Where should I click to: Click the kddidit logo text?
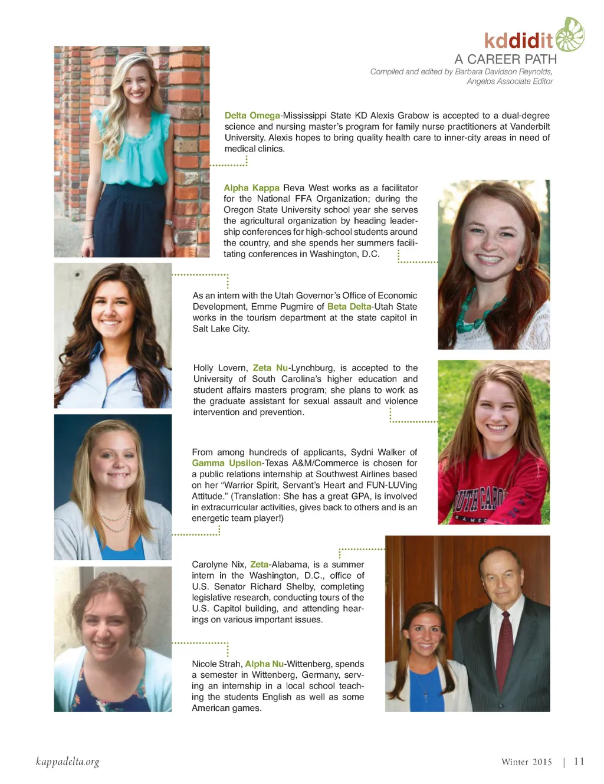tap(518, 41)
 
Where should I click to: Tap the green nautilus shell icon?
tap(569, 34)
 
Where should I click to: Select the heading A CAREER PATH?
tap(505, 59)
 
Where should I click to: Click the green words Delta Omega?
tap(252, 116)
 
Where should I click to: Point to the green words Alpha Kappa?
tap(251, 188)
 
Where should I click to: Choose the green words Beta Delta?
tap(349, 307)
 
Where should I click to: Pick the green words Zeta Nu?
tap(270, 368)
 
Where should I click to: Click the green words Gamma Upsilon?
tap(226, 463)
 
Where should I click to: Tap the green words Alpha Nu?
tap(264, 664)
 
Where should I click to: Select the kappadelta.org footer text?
tap(67, 762)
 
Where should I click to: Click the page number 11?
tap(579, 762)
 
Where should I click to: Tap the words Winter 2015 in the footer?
tap(526, 762)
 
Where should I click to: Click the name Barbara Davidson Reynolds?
tap(503, 71)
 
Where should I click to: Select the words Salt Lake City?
tap(221, 329)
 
